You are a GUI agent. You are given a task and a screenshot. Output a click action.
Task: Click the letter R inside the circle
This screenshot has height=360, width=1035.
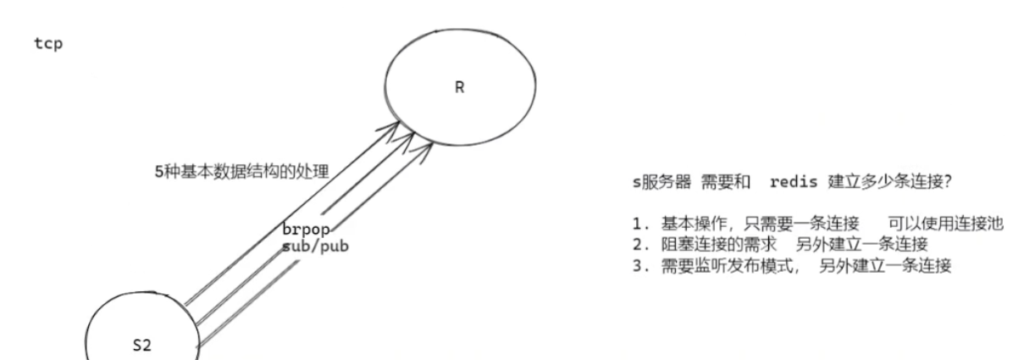click(459, 87)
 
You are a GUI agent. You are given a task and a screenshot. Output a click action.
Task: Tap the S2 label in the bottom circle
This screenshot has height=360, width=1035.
click(141, 345)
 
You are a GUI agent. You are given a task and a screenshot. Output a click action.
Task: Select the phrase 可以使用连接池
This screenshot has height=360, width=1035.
click(945, 224)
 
